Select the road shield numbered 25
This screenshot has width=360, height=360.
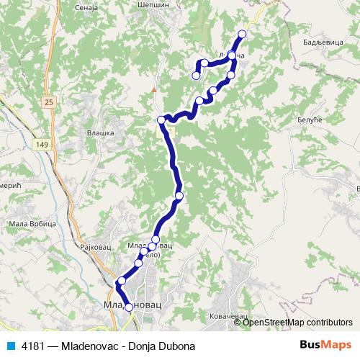(48, 103)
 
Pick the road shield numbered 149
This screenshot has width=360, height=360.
(40, 145)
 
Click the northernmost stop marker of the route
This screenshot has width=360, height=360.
(242, 35)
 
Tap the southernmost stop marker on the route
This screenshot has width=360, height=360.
(130, 307)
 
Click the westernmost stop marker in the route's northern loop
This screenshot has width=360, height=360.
(195, 76)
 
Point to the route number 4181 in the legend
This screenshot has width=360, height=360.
(31, 346)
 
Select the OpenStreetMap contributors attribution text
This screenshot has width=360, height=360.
(297, 322)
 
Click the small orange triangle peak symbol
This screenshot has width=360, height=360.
(153, 89)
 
